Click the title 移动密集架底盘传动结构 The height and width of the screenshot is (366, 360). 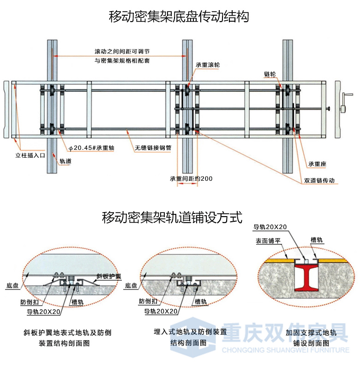pyautogui.click(x=179, y=17)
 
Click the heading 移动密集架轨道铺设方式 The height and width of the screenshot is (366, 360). pyautogui.click(x=172, y=217)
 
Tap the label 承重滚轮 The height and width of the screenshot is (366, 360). pyautogui.click(x=207, y=65)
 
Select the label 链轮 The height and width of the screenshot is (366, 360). pyautogui.click(x=270, y=74)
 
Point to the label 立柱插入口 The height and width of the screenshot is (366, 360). pyautogui.click(x=30, y=155)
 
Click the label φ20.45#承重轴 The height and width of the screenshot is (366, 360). pyautogui.click(x=91, y=148)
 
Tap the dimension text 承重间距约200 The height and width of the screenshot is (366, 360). pyautogui.click(x=191, y=178)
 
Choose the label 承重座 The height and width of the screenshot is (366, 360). pyautogui.click(x=318, y=164)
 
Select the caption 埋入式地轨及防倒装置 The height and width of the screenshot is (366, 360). pyautogui.click(x=190, y=331)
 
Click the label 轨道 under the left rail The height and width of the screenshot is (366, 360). pyautogui.click(x=65, y=161)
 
